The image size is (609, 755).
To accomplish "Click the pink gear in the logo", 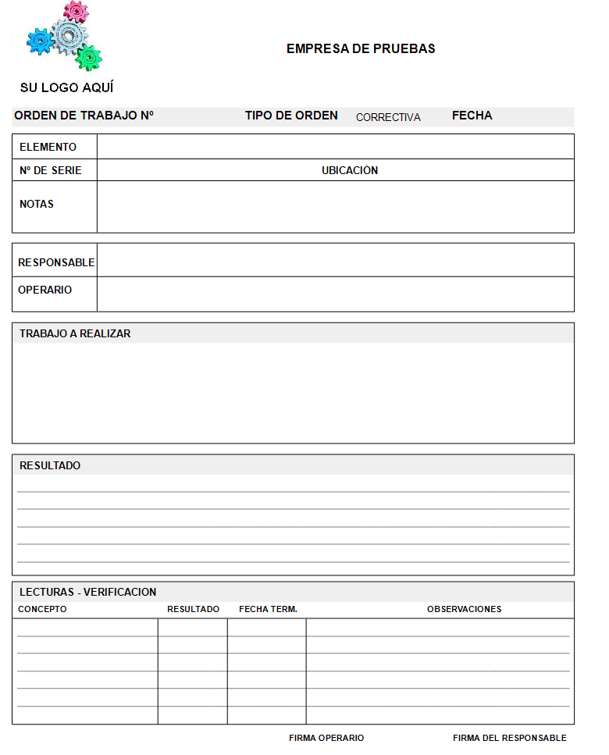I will coord(75,11).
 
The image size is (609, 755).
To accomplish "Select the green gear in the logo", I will coord(89,56).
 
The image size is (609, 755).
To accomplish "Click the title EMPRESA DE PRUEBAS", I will coord(361,48).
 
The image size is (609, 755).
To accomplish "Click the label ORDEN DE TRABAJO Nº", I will coord(84,116).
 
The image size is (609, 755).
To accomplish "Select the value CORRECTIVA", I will coord(388,117).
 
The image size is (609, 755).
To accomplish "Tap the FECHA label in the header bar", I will coord(472,116).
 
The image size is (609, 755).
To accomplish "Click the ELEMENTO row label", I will coord(48,147).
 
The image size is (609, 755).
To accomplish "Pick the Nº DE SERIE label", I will coord(50,170).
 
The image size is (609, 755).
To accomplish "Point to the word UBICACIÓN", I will coord(350,170).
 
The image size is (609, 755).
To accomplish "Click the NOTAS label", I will coord(37,204).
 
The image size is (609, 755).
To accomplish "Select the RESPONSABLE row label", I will coord(56,262).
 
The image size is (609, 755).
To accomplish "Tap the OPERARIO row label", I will coord(45,290).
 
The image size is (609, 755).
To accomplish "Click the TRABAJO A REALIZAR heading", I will coord(75,333).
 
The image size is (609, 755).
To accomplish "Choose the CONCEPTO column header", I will coord(42,609).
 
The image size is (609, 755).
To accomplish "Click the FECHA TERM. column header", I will coord(268,609).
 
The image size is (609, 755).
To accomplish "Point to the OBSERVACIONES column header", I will coord(464,609).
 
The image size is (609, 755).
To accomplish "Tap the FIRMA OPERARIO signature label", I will coord(326,738).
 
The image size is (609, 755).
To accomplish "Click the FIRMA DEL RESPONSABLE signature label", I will coord(509,738).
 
